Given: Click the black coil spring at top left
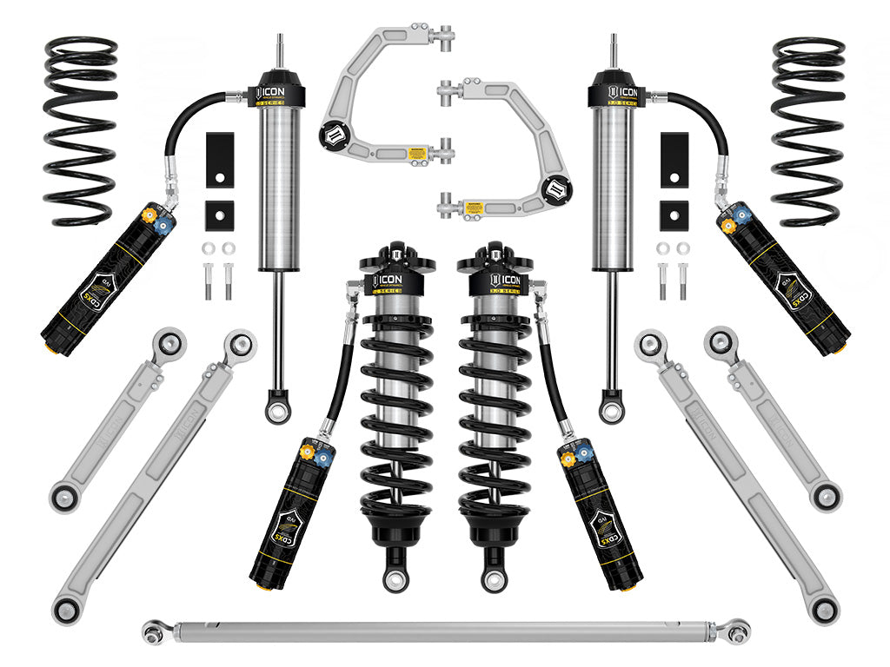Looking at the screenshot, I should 80,130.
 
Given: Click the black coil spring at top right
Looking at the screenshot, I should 808,130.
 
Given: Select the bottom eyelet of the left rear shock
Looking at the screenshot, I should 279,407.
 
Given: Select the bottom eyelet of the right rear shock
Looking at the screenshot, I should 612,407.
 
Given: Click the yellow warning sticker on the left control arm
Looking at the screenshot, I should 419,154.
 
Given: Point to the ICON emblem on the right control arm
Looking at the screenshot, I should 555,187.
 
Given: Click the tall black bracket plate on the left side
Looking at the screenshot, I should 216,159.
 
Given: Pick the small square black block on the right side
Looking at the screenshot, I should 674,215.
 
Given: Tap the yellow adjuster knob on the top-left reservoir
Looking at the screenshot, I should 148,214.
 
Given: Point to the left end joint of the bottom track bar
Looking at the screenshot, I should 155,627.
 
